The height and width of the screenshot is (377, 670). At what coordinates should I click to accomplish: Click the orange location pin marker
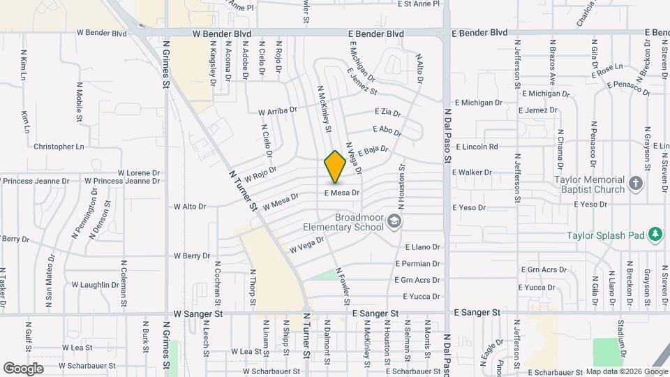pyautogui.click(x=335, y=167)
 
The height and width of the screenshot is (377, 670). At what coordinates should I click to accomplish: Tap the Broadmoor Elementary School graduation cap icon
pyautogui.click(x=395, y=222)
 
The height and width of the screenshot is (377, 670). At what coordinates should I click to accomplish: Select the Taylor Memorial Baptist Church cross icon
pyautogui.click(x=635, y=184)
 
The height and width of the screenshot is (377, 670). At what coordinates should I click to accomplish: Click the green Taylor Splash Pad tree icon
pyautogui.click(x=655, y=235)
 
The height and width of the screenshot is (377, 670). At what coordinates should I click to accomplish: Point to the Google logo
pyautogui.click(x=23, y=368)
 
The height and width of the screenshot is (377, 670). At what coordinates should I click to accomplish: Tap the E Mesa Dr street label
pyautogui.click(x=341, y=193)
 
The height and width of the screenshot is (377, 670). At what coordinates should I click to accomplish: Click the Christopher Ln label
pyautogui.click(x=59, y=147)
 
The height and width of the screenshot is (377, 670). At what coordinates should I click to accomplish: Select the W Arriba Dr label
pyautogui.click(x=278, y=110)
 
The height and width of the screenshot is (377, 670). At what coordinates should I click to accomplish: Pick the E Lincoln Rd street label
pyautogui.click(x=477, y=147)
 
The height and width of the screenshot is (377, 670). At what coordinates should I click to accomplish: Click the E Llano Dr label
pyautogui.click(x=423, y=247)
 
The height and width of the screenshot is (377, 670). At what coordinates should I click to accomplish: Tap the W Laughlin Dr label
pyautogui.click(x=99, y=285)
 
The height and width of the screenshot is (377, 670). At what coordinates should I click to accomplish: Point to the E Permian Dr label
pyautogui.click(x=418, y=264)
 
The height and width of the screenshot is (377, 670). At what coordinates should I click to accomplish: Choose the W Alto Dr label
pyautogui.click(x=189, y=207)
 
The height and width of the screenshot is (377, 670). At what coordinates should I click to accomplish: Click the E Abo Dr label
pyautogui.click(x=387, y=130)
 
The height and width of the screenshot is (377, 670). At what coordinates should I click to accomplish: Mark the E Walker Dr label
pyautogui.click(x=472, y=172)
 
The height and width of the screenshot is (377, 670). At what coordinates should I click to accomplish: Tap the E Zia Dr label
pyautogui.click(x=387, y=112)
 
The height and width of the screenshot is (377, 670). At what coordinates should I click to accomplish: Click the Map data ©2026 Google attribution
pyautogui.click(x=627, y=371)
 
